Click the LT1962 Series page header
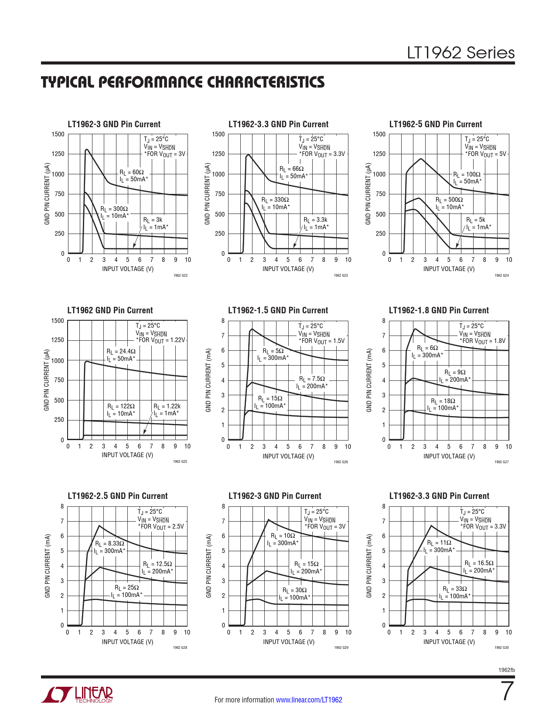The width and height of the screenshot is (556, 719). pyautogui.click(x=460, y=53)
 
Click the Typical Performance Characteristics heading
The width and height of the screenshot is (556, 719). pyautogui.click(x=183, y=82)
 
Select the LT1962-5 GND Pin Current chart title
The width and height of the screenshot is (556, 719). pyautogui.click(x=435, y=124)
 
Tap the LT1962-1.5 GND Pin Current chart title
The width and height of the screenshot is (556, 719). pyautogui.click(x=278, y=310)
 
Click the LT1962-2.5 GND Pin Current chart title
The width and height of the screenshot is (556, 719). pyautogui.click(x=117, y=496)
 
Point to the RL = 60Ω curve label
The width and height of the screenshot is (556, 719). pyautogui.click(x=132, y=172)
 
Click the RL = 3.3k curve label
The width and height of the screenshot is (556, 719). pyautogui.click(x=315, y=220)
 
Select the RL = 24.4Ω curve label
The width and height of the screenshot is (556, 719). pyautogui.click(x=121, y=351)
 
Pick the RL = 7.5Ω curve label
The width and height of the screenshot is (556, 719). pyautogui.click(x=312, y=379)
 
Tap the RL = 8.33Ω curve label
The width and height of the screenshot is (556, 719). pyautogui.click(x=109, y=543)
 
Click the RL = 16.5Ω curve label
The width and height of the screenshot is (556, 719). pyautogui.click(x=479, y=563)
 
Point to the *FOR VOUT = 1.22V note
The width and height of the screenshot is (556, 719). pyautogui.click(x=160, y=340)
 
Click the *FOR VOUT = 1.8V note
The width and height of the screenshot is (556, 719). pyautogui.click(x=483, y=341)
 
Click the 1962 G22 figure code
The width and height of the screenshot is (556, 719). pyautogui.click(x=180, y=275)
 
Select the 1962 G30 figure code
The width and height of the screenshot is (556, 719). pyautogui.click(x=501, y=648)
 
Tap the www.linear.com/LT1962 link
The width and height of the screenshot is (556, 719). pyautogui.click(x=309, y=700)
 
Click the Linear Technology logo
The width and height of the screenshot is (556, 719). pyautogui.click(x=77, y=695)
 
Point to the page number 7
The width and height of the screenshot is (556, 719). pyautogui.click(x=507, y=691)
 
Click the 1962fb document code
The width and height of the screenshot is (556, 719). pyautogui.click(x=506, y=670)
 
